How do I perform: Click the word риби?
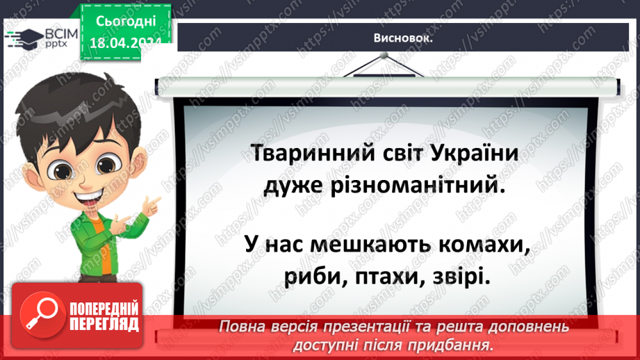click(x=310, y=277)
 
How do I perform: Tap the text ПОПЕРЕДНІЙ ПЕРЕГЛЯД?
click(x=105, y=316)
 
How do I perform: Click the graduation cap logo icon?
click(x=20, y=36)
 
